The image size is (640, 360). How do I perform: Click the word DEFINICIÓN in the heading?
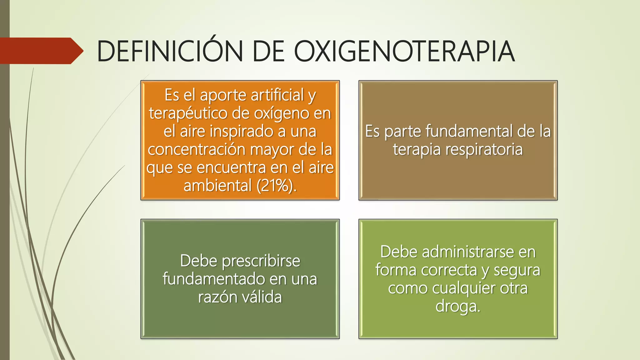click(170, 51)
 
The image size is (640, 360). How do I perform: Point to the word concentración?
click(197, 149)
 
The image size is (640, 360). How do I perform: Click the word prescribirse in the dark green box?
click(261, 261)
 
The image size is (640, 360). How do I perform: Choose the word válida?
click(262, 297)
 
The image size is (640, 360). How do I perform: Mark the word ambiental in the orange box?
click(217, 186)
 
